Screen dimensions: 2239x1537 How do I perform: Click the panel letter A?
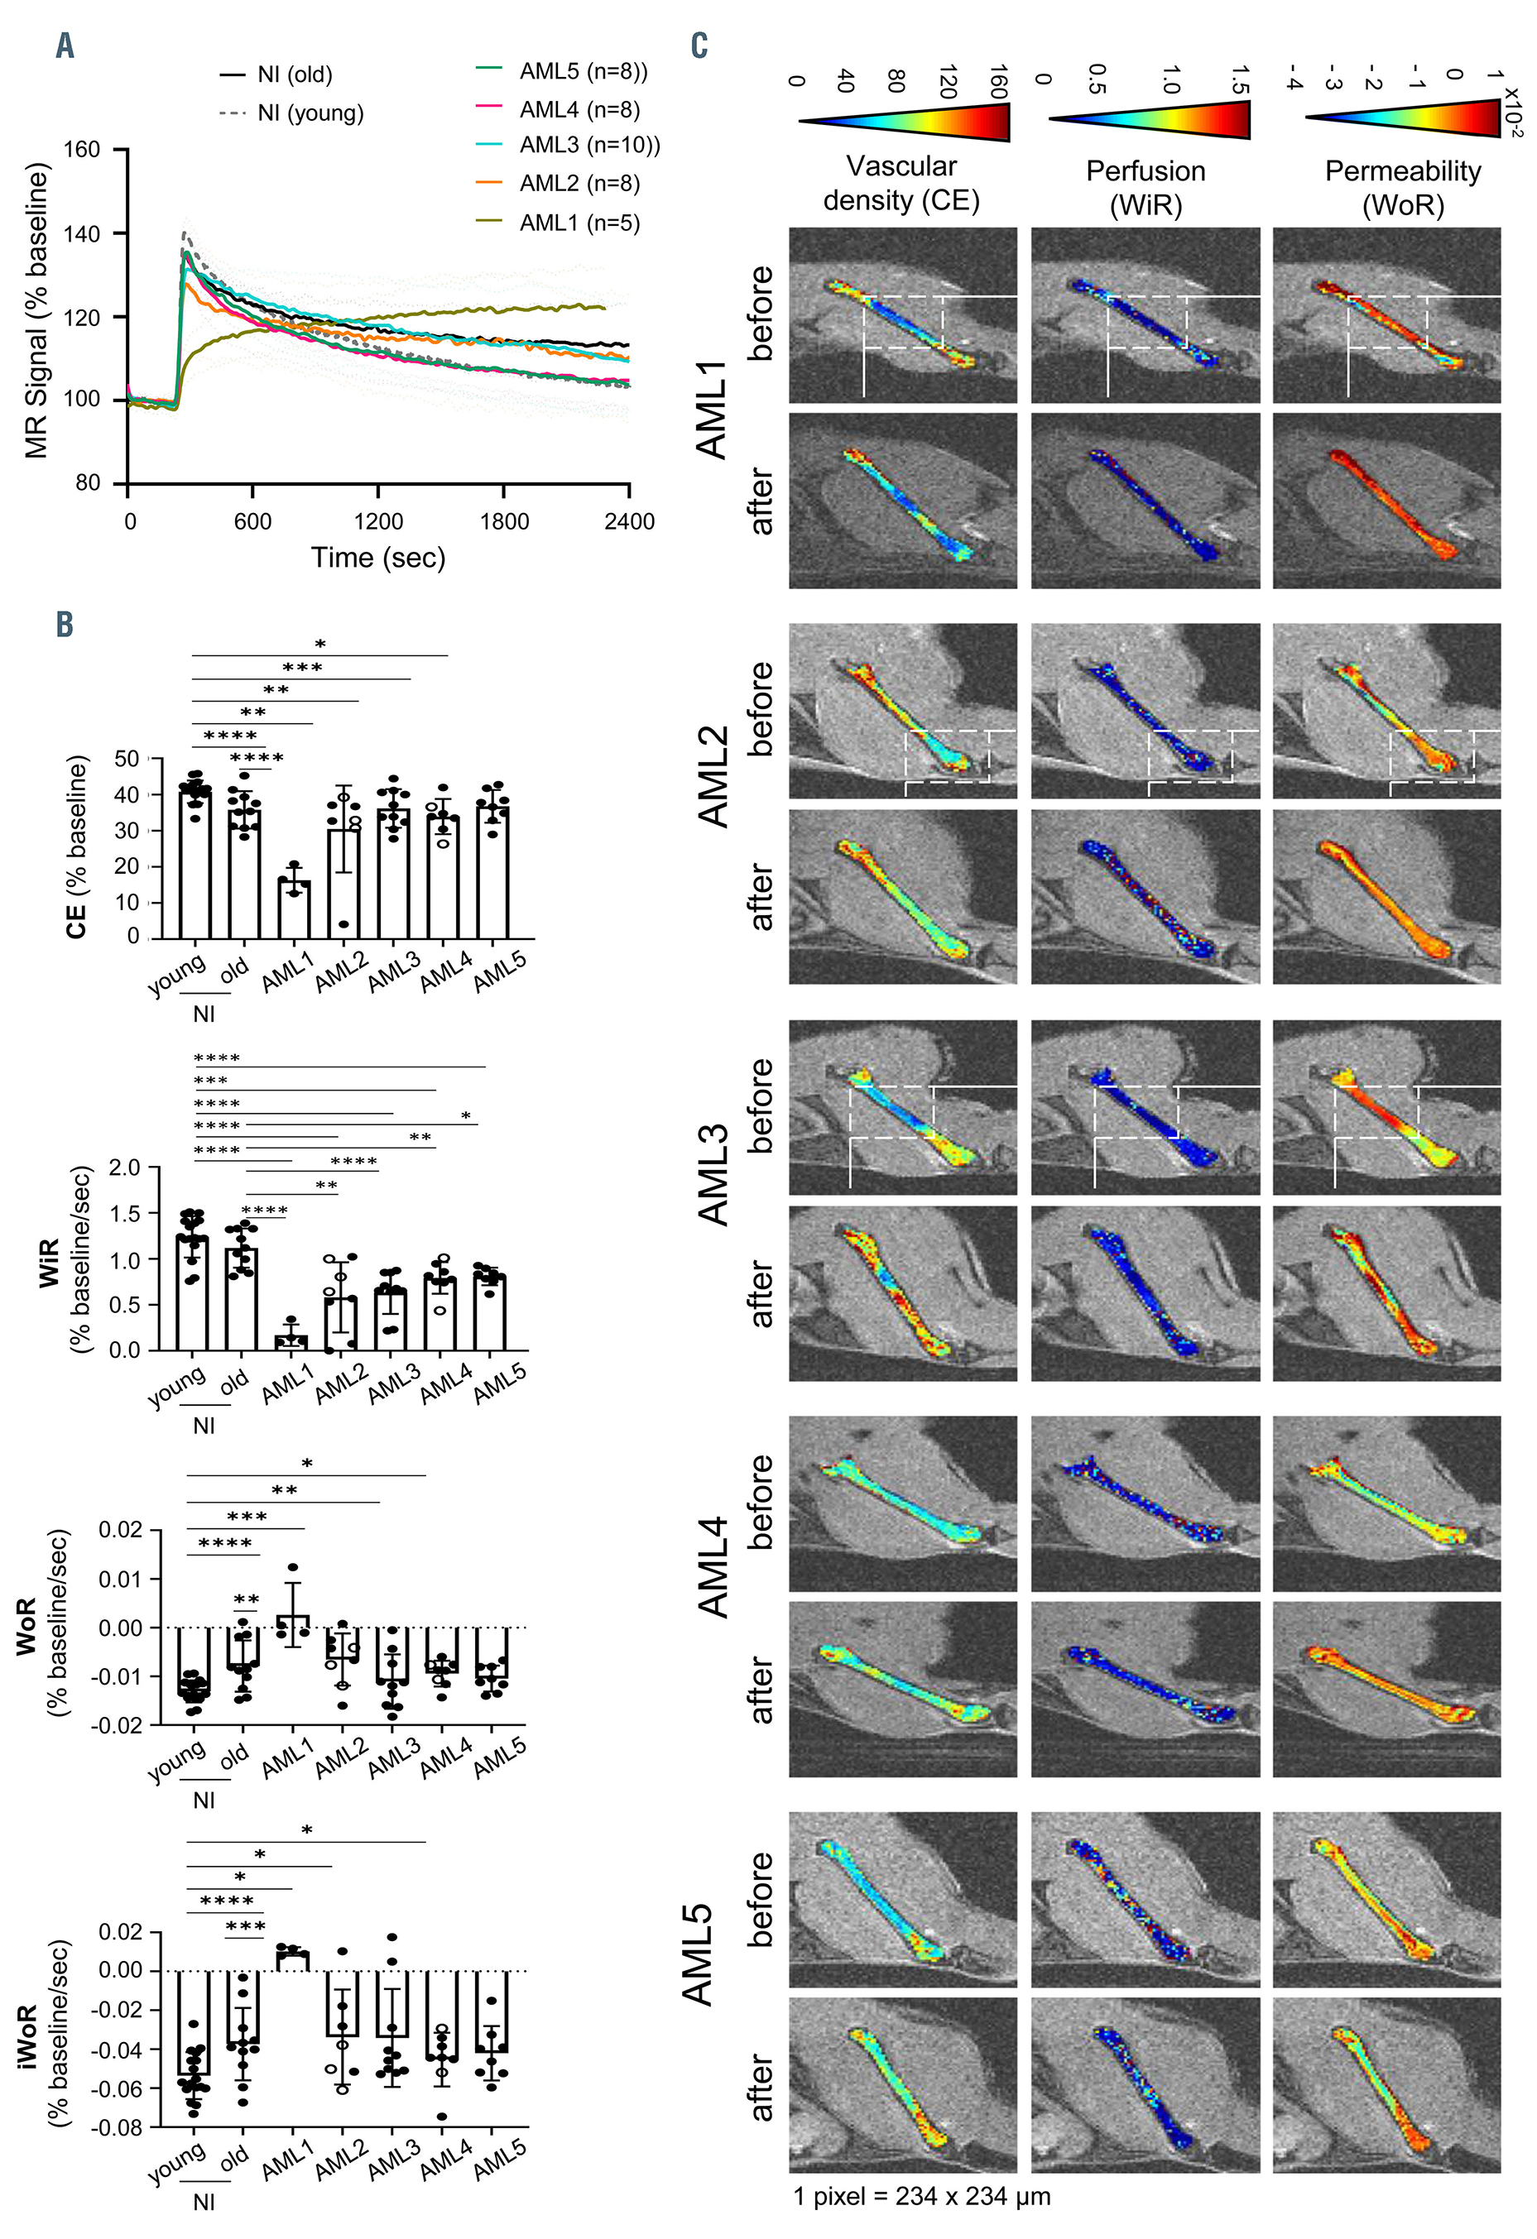click(x=65, y=46)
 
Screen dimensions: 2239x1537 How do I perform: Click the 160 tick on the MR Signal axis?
click(x=81, y=151)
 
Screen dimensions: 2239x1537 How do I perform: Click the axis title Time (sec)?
click(x=377, y=558)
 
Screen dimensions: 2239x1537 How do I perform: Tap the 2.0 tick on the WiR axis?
click(x=125, y=1167)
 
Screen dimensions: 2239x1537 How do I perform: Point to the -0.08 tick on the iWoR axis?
click(x=117, y=2127)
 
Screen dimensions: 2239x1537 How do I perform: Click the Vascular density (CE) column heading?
click(x=901, y=183)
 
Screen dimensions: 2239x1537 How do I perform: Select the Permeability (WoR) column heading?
click(x=1402, y=187)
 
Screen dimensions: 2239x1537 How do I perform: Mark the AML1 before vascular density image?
click(x=903, y=315)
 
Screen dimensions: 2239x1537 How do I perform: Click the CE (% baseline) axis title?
click(x=77, y=848)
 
